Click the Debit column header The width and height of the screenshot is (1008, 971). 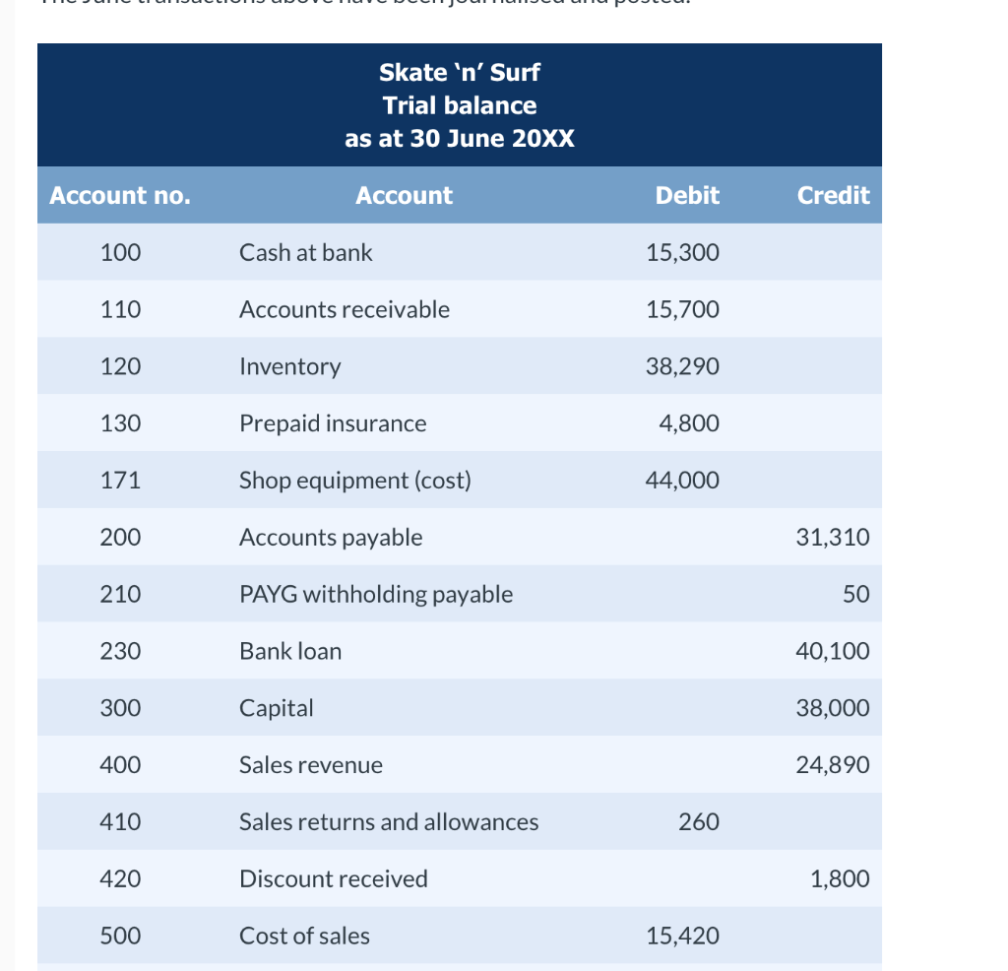[x=687, y=195]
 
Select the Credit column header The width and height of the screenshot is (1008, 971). [x=833, y=195]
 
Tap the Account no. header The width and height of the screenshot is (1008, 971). [x=120, y=195]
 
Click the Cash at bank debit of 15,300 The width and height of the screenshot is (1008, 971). [x=682, y=252]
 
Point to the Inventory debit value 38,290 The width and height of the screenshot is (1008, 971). [x=682, y=366]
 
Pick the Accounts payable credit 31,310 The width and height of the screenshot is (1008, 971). [x=832, y=537]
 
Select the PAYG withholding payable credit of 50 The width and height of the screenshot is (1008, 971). [x=855, y=594]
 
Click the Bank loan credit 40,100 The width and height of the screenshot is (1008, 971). [x=832, y=651]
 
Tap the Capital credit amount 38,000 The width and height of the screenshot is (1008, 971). [x=832, y=708]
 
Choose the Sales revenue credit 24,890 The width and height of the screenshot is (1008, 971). [x=832, y=765]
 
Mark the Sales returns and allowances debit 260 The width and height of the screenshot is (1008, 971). [x=699, y=821]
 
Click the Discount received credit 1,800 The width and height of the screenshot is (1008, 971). [x=840, y=878]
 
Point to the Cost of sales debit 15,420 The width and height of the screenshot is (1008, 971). [x=682, y=936]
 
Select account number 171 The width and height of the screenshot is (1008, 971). [x=120, y=481]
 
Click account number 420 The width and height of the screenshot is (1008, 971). [x=120, y=878]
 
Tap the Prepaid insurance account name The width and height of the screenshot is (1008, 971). [x=333, y=423]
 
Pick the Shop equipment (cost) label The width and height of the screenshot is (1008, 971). [x=355, y=481]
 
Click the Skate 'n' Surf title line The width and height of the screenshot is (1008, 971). [x=460, y=72]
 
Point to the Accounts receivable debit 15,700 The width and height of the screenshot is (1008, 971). [x=682, y=309]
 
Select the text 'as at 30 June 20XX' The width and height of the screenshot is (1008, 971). [x=460, y=139]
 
